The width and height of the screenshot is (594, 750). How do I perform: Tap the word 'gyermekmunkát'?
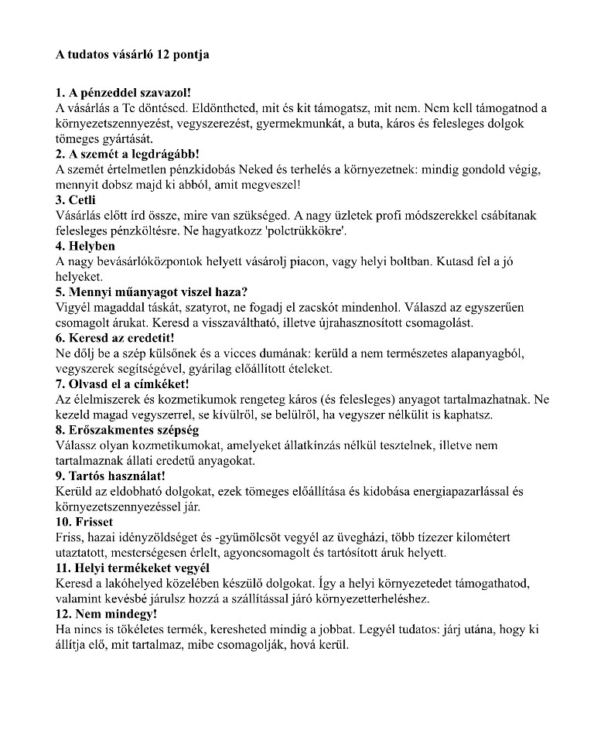(x=323, y=124)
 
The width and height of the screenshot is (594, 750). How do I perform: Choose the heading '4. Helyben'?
(x=85, y=246)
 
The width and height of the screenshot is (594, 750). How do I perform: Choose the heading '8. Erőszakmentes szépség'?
(x=128, y=430)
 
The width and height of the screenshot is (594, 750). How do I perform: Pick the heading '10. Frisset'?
(x=84, y=522)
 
